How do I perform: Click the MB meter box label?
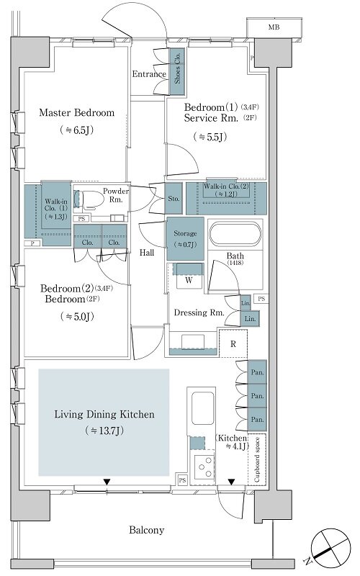pyautogui.click(x=274, y=27)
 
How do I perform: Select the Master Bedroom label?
pyautogui.click(x=77, y=112)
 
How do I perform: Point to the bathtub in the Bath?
pyautogui.click(x=235, y=235)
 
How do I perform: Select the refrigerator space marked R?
pyautogui.click(x=233, y=344)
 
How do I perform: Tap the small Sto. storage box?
pyautogui.click(x=174, y=199)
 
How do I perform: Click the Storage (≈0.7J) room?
pyautogui.click(x=185, y=239)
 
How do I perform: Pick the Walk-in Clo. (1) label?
pyautogui.click(x=56, y=209)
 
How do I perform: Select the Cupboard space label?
pyautogui.click(x=257, y=459)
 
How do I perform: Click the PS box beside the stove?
pyautogui.click(x=183, y=480)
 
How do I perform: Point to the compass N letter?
pyautogui.click(x=307, y=561)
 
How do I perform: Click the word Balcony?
pyautogui.click(x=147, y=530)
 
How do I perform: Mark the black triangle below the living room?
pyautogui.click(x=107, y=482)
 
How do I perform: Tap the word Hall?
pyautogui.click(x=147, y=253)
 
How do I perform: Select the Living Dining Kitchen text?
pyautogui.click(x=104, y=415)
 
